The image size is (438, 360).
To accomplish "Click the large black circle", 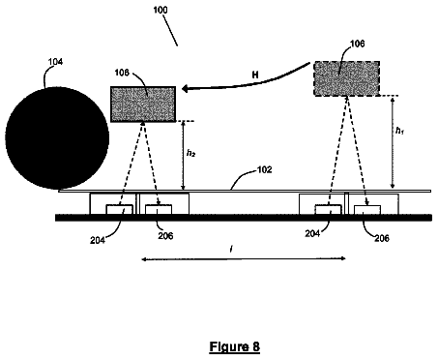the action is (57, 137).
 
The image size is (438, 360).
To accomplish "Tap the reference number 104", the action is (55, 62).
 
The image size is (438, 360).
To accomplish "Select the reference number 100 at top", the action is (161, 10).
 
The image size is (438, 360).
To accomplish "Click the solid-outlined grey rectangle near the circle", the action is (143, 105).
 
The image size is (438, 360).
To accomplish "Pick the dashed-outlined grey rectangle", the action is (346, 78).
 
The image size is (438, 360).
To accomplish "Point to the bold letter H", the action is (255, 75).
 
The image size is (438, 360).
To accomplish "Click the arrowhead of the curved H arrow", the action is (186, 88).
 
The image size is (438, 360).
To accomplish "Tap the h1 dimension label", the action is (399, 131).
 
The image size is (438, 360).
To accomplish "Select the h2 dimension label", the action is (191, 153).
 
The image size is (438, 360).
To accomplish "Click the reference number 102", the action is (265, 169).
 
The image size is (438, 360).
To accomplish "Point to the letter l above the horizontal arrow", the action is (231, 249).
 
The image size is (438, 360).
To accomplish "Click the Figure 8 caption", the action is (234, 346).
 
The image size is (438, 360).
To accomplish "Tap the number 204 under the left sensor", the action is (98, 240).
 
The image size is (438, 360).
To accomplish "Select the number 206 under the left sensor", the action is (165, 236).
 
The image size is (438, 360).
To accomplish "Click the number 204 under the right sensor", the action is (312, 233).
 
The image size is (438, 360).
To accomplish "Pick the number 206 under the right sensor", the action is (382, 238).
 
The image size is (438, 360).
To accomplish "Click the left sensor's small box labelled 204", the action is (120, 209).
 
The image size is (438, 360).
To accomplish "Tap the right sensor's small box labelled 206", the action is (367, 210).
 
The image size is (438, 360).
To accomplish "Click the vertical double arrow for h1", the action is (393, 142).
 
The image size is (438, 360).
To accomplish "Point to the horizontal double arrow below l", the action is (244, 258).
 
